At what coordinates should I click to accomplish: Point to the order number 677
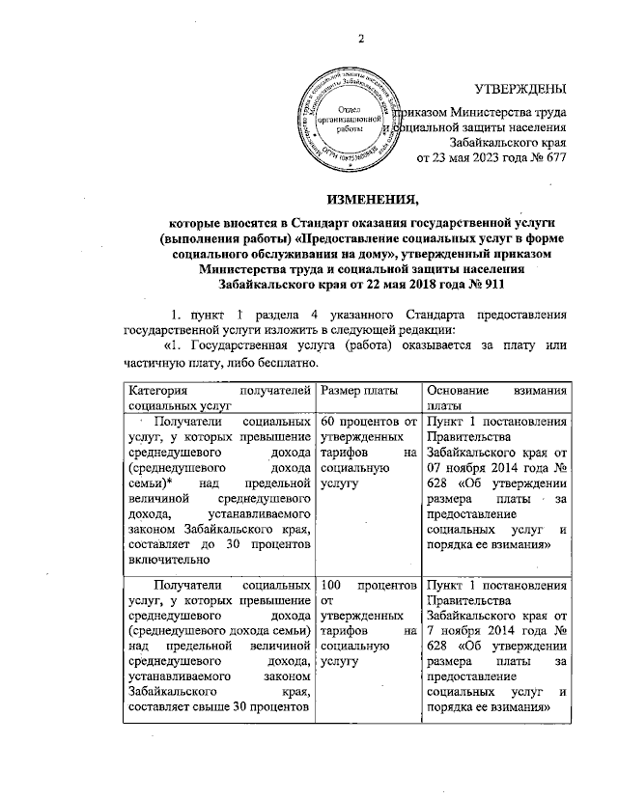pos(551,158)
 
